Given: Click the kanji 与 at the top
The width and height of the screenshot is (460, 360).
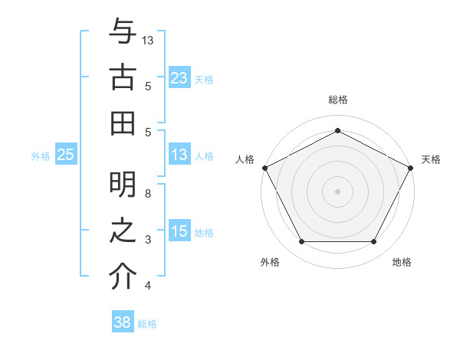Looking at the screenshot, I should coord(122,31).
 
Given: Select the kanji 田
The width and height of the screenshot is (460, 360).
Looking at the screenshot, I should coord(122,123).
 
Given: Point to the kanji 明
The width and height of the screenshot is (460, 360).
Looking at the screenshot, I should coord(122,185).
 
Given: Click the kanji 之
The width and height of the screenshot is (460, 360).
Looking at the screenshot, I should coord(122,231).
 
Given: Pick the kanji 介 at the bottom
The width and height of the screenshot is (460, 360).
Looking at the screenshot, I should coord(122,277).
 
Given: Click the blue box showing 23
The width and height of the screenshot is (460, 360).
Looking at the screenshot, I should coord(179,77).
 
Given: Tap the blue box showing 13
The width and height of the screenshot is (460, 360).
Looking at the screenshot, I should coord(179,155).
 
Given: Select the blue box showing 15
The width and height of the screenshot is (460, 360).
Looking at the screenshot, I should coord(179,231).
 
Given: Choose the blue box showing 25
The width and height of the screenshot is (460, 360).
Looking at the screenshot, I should coord(66,155).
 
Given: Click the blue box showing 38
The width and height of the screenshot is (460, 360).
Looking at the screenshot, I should coord(123,322).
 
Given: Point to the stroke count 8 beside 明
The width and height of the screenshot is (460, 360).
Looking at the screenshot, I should coord(148,194).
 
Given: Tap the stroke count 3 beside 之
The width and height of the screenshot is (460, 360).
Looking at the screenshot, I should coord(148,240).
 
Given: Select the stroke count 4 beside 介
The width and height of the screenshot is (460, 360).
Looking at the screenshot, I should coord(148,286).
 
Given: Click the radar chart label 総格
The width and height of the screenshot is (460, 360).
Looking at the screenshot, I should coord(338,100).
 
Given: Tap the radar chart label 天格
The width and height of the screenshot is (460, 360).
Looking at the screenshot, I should coord(431,159).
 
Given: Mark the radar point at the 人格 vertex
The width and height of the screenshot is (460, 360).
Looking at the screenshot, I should coord(264,167).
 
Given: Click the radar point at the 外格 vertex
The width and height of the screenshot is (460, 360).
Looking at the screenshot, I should coord(301,242).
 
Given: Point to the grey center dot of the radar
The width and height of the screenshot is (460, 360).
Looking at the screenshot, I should coord(338,191).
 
